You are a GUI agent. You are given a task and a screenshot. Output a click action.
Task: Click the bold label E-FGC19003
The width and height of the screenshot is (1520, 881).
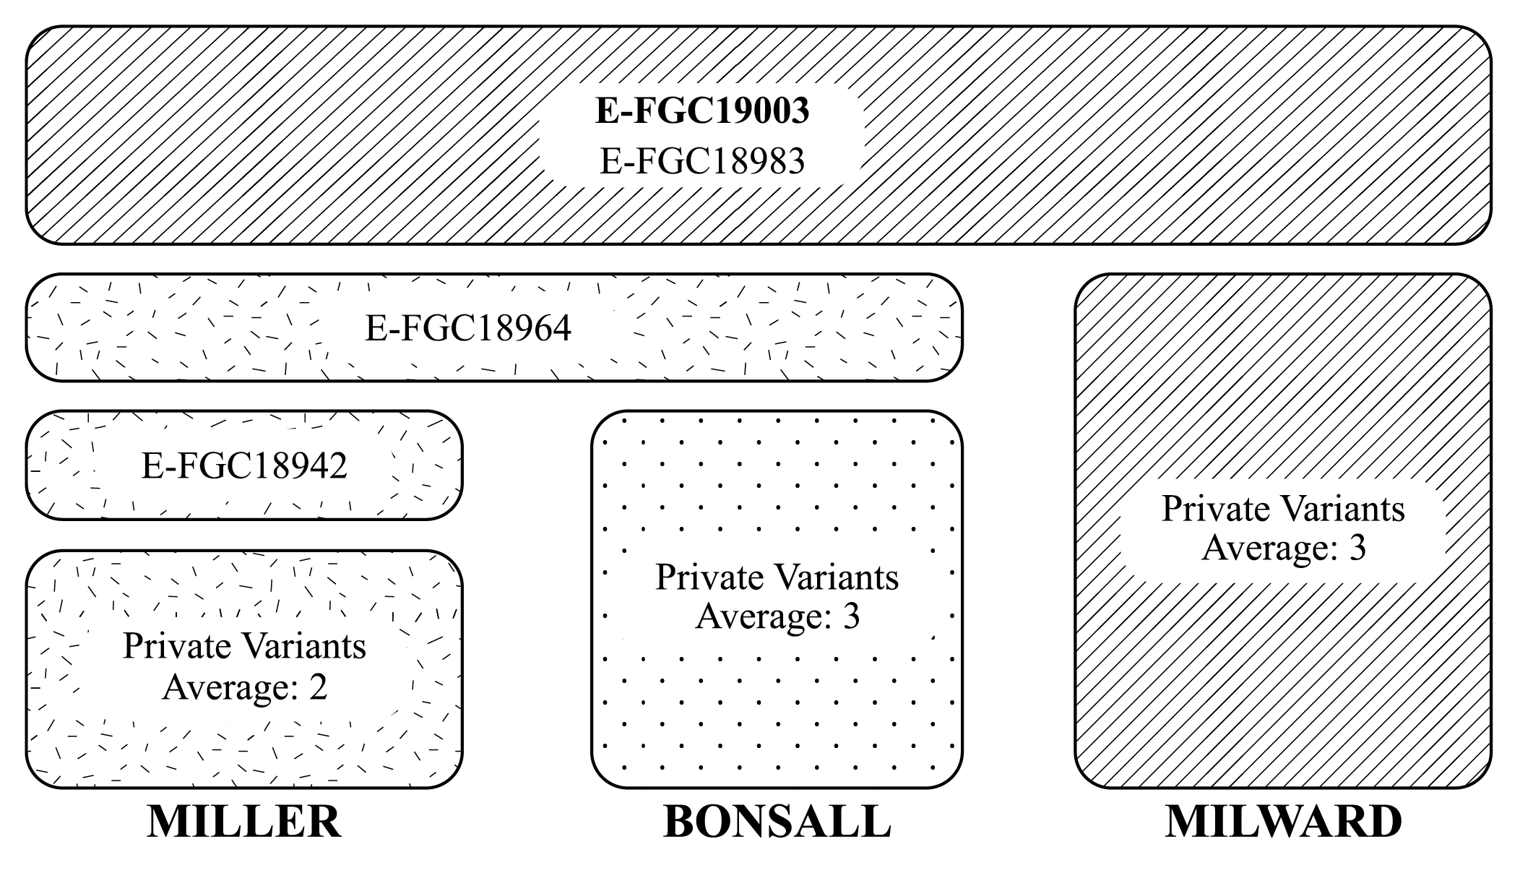point(701,111)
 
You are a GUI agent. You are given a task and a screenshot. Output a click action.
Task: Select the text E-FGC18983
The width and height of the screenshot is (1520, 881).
point(701,160)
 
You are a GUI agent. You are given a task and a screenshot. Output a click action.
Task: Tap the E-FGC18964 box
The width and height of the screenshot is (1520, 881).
point(468,328)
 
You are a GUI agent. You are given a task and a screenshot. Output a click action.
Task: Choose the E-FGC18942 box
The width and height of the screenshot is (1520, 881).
point(244,465)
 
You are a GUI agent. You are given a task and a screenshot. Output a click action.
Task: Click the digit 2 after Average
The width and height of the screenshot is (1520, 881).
point(318,686)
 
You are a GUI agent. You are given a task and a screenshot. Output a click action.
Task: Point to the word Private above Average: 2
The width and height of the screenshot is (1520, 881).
point(170,645)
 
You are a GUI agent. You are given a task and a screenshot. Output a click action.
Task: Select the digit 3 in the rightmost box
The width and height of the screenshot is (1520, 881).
point(1357,547)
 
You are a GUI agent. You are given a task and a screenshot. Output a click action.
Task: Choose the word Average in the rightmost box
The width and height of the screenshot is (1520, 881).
point(1266,547)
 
